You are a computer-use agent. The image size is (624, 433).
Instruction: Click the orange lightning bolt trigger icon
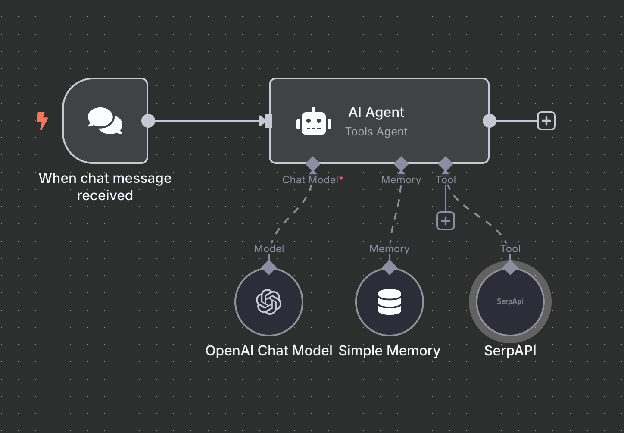click(42, 120)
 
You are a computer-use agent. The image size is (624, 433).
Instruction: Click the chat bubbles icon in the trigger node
click(105, 121)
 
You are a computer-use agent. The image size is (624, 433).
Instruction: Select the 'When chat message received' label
click(105, 187)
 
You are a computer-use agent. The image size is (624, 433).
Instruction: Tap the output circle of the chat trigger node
click(148, 121)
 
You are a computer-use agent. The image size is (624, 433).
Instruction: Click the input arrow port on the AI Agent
click(267, 121)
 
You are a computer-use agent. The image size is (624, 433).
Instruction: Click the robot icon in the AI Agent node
click(314, 122)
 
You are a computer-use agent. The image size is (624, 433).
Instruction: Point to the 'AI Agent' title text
click(376, 112)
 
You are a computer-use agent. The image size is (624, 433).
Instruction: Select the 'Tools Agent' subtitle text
click(376, 132)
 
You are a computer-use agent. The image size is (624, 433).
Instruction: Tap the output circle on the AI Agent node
click(489, 121)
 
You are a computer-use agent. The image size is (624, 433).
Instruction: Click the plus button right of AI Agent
click(546, 121)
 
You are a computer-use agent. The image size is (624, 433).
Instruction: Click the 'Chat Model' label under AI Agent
click(310, 180)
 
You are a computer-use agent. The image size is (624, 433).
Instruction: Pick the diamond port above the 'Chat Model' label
click(312, 164)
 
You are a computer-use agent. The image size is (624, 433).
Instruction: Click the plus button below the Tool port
click(445, 221)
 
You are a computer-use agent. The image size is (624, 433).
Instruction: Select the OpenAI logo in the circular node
click(269, 302)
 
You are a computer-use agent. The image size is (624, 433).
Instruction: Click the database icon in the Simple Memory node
click(390, 302)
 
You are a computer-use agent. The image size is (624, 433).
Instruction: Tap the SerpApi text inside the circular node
click(510, 301)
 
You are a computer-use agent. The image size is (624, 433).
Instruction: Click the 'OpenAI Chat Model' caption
click(269, 351)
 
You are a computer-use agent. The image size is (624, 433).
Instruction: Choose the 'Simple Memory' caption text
click(390, 351)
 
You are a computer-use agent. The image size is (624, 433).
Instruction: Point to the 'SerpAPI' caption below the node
click(510, 351)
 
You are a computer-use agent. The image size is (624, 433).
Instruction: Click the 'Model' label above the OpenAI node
click(269, 249)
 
